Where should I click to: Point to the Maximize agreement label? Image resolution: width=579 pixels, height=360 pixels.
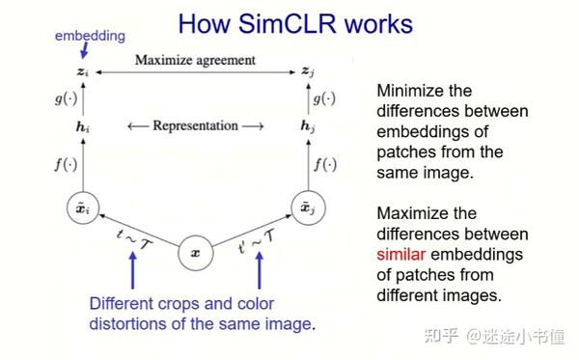click(195, 60)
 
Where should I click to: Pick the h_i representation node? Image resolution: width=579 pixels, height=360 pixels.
click(84, 125)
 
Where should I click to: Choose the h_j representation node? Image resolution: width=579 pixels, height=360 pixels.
click(307, 125)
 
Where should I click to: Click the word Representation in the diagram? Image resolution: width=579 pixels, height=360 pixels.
click(195, 125)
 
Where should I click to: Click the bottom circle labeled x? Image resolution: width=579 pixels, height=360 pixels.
click(195, 254)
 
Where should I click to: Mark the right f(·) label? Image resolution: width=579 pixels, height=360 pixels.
click(326, 164)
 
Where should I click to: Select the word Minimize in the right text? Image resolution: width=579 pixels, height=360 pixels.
click(412, 91)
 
